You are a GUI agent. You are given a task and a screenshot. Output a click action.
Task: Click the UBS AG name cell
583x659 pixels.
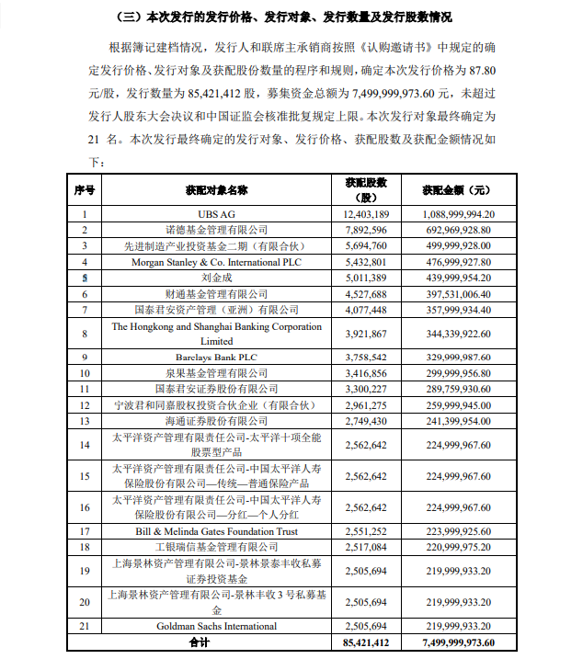(216, 214)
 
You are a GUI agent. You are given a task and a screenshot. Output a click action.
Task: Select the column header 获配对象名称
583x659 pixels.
(216, 190)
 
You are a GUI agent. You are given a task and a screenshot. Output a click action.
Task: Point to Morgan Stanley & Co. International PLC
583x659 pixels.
(216, 261)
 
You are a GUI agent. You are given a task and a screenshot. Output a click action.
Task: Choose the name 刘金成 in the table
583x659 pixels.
(216, 277)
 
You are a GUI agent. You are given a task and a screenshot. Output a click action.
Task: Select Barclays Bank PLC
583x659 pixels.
(216, 357)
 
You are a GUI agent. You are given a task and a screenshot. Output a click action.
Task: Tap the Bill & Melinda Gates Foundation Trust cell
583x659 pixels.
(216, 531)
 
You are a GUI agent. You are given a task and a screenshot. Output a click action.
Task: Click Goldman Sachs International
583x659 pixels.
(216, 627)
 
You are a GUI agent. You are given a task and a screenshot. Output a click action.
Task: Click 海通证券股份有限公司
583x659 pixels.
(216, 420)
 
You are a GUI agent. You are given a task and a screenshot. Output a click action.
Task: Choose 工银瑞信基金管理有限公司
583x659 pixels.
(216, 547)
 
